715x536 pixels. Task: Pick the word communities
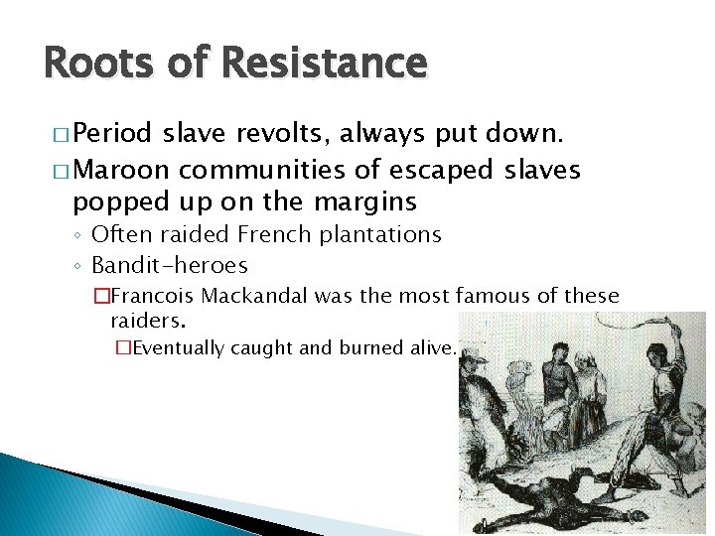[x=252, y=170]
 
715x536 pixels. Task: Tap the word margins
[x=366, y=201]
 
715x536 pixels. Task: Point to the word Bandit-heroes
[x=169, y=265]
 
